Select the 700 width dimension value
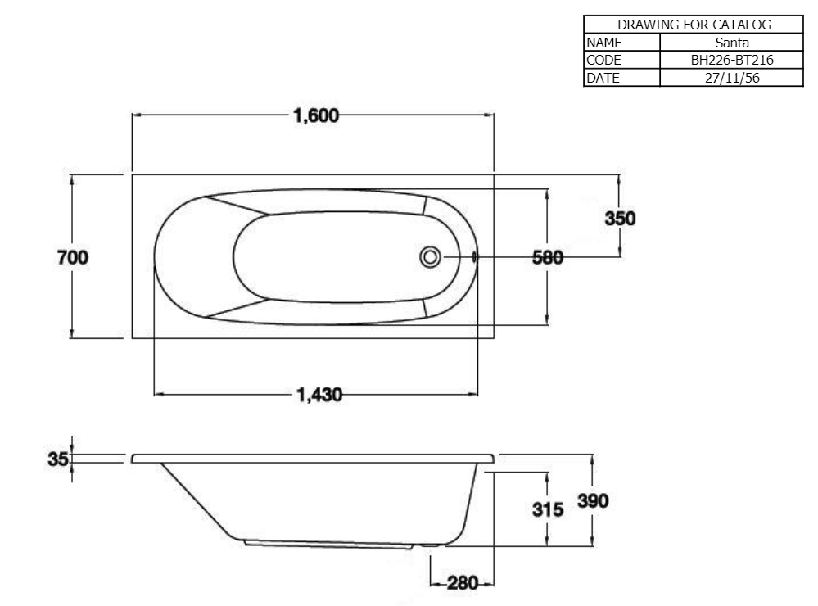[73, 257]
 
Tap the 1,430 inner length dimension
[317, 395]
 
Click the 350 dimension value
[620, 219]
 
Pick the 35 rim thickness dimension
[57, 459]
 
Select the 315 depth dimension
[548, 509]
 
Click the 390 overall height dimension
[594, 501]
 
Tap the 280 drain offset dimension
[463, 583]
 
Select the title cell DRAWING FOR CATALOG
[693, 25]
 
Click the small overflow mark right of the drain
[474, 257]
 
